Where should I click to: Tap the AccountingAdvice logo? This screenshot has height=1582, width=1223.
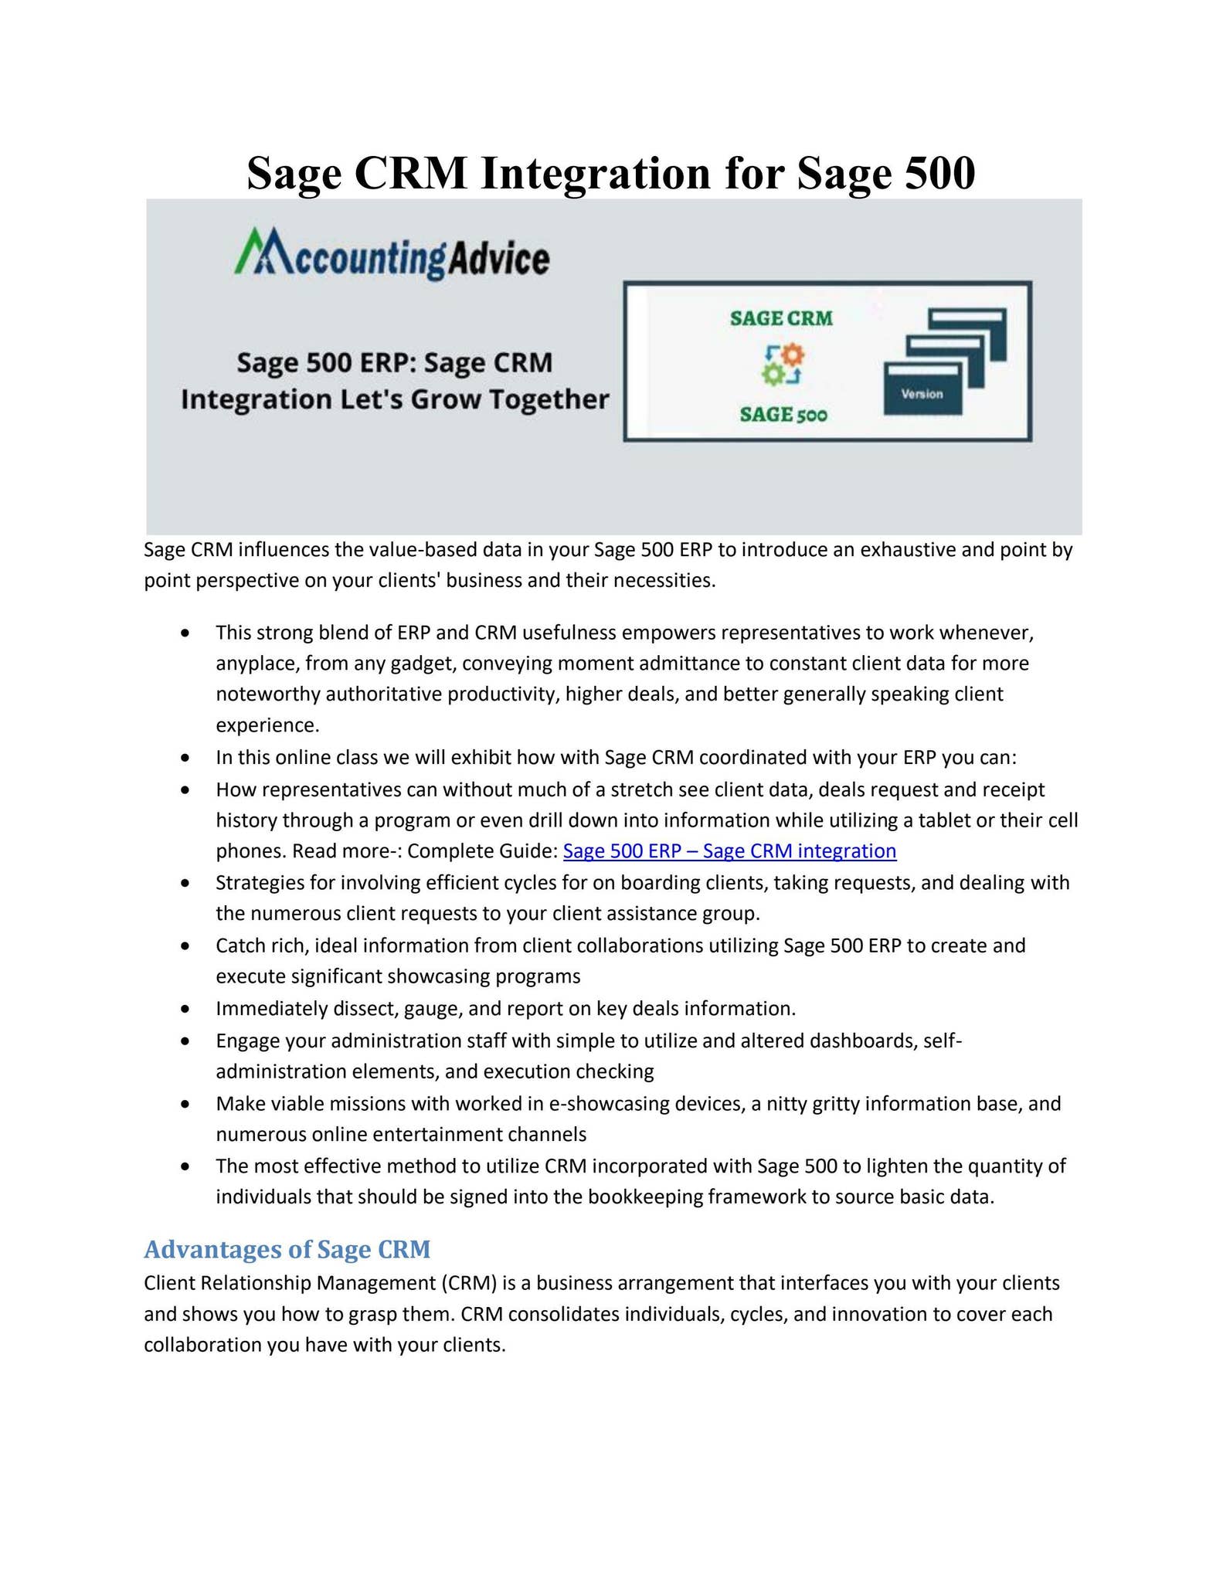392,255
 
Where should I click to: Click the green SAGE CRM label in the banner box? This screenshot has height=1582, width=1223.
781,318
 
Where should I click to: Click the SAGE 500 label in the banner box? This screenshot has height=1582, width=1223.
783,415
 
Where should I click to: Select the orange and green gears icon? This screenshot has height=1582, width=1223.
783,365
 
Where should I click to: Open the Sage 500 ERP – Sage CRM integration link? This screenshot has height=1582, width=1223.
729,851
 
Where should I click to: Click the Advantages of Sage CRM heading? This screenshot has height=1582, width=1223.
287,1249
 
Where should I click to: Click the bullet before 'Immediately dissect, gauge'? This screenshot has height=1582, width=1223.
185,1009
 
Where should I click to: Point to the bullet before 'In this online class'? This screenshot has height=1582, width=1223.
185,758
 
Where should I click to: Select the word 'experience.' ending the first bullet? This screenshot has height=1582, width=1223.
267,725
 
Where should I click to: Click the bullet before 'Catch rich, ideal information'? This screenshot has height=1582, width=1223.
185,946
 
